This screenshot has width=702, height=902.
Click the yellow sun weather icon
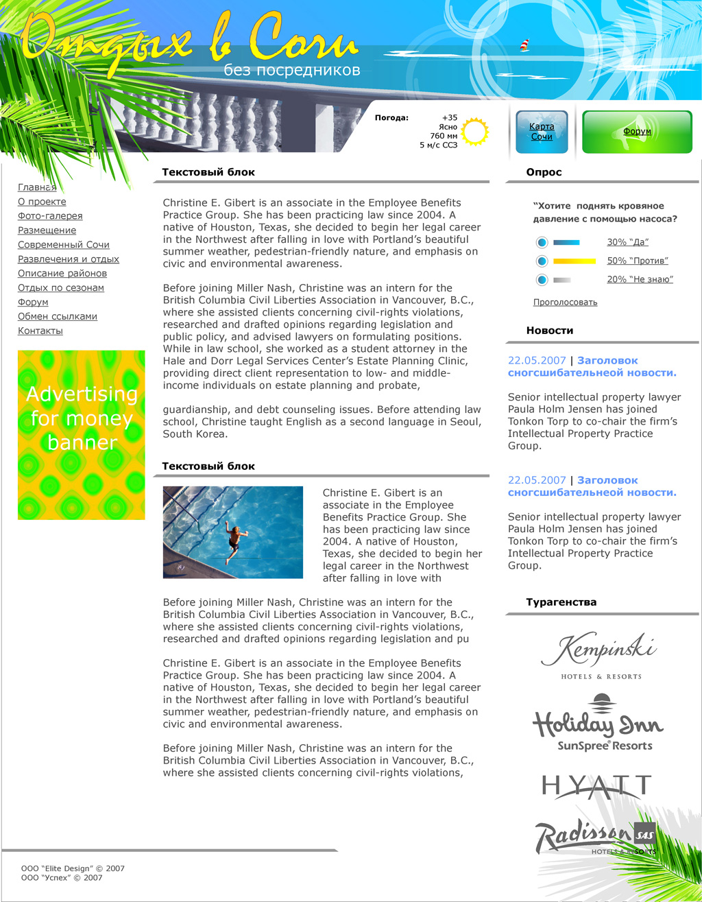pyautogui.click(x=474, y=132)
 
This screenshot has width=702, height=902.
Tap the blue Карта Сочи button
pyautogui.click(x=542, y=132)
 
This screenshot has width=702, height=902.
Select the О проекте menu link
pyautogui.click(x=42, y=202)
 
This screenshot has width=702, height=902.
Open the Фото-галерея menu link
pyautogui.click(x=50, y=216)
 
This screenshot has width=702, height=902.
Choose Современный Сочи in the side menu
pyautogui.click(x=64, y=245)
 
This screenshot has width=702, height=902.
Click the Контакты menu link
pyautogui.click(x=40, y=331)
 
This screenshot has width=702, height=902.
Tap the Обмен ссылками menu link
pyautogui.click(x=58, y=316)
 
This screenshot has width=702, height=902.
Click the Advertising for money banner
pyautogui.click(x=82, y=435)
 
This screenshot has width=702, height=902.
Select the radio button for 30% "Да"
pyautogui.click(x=542, y=242)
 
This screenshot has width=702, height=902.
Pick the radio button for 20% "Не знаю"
pyautogui.click(x=542, y=280)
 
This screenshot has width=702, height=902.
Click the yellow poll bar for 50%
pyautogui.click(x=574, y=261)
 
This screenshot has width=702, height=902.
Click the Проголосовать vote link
pyautogui.click(x=565, y=302)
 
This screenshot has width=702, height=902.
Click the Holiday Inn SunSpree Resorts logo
pyautogui.click(x=598, y=723)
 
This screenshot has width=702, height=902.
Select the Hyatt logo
pyautogui.click(x=596, y=787)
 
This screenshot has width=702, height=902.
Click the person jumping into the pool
pyautogui.click(x=235, y=541)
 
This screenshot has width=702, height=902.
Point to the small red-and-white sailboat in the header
pyautogui.click(x=525, y=45)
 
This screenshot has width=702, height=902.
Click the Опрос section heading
pyautogui.click(x=544, y=173)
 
